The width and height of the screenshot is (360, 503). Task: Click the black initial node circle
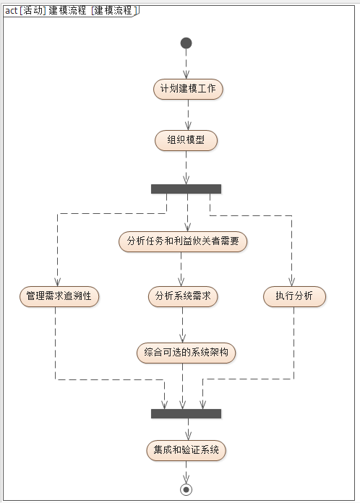[x=186, y=43]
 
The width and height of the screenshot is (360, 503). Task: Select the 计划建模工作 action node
[x=189, y=89]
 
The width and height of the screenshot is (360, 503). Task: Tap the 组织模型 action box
[x=186, y=140]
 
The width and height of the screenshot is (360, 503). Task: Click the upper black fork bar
[x=186, y=189]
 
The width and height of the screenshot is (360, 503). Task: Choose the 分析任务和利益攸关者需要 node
[x=183, y=241]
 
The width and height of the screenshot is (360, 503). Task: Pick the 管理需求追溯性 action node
[x=59, y=296]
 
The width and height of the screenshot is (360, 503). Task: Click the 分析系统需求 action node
[x=183, y=296]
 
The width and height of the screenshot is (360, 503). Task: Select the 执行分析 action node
[x=294, y=296]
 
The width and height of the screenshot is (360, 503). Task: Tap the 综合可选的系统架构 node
[x=187, y=353]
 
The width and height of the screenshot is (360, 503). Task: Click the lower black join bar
[x=186, y=413]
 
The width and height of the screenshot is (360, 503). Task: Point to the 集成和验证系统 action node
[x=187, y=450]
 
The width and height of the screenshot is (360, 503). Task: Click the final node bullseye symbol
[x=187, y=489]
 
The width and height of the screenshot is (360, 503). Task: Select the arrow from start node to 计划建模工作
[x=187, y=64]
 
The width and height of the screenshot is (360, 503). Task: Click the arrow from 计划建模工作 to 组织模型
[x=188, y=114]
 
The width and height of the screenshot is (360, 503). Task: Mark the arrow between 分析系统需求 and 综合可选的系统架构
[x=182, y=324]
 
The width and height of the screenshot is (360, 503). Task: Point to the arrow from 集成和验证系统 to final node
[x=187, y=471]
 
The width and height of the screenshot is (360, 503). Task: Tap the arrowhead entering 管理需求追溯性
[x=57, y=283]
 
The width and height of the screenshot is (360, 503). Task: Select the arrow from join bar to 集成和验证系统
[x=187, y=429]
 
